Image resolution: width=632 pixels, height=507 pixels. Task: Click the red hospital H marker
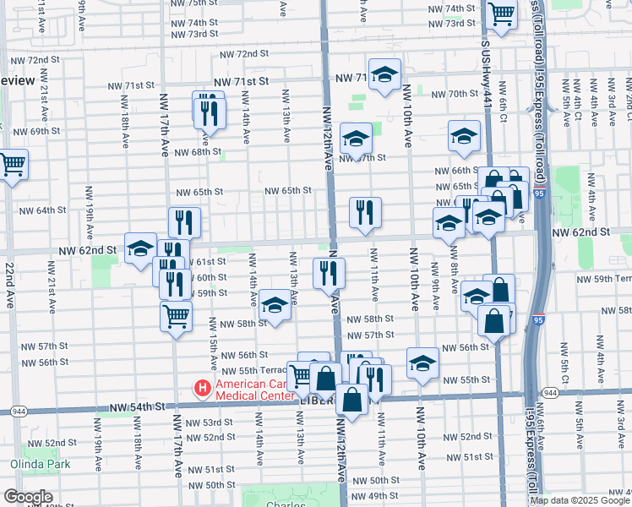202,389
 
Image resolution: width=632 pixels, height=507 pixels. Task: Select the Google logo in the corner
29,497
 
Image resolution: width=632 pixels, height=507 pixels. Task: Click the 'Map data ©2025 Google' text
580,500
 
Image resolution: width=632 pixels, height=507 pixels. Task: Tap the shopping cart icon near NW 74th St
502,14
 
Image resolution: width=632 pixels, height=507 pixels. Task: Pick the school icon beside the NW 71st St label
384,74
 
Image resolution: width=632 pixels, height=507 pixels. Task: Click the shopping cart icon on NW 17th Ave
176,316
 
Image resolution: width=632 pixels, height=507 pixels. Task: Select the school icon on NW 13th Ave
275,306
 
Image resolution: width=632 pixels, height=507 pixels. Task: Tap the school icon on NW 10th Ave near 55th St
422,363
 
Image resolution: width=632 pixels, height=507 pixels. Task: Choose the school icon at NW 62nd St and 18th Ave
140,248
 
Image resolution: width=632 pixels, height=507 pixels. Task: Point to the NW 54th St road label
135,407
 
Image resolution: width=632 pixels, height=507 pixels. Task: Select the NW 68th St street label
192,152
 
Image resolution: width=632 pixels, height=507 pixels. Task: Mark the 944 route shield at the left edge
14,411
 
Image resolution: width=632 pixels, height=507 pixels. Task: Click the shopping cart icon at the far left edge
12,164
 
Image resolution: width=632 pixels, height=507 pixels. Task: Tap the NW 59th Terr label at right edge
602,278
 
